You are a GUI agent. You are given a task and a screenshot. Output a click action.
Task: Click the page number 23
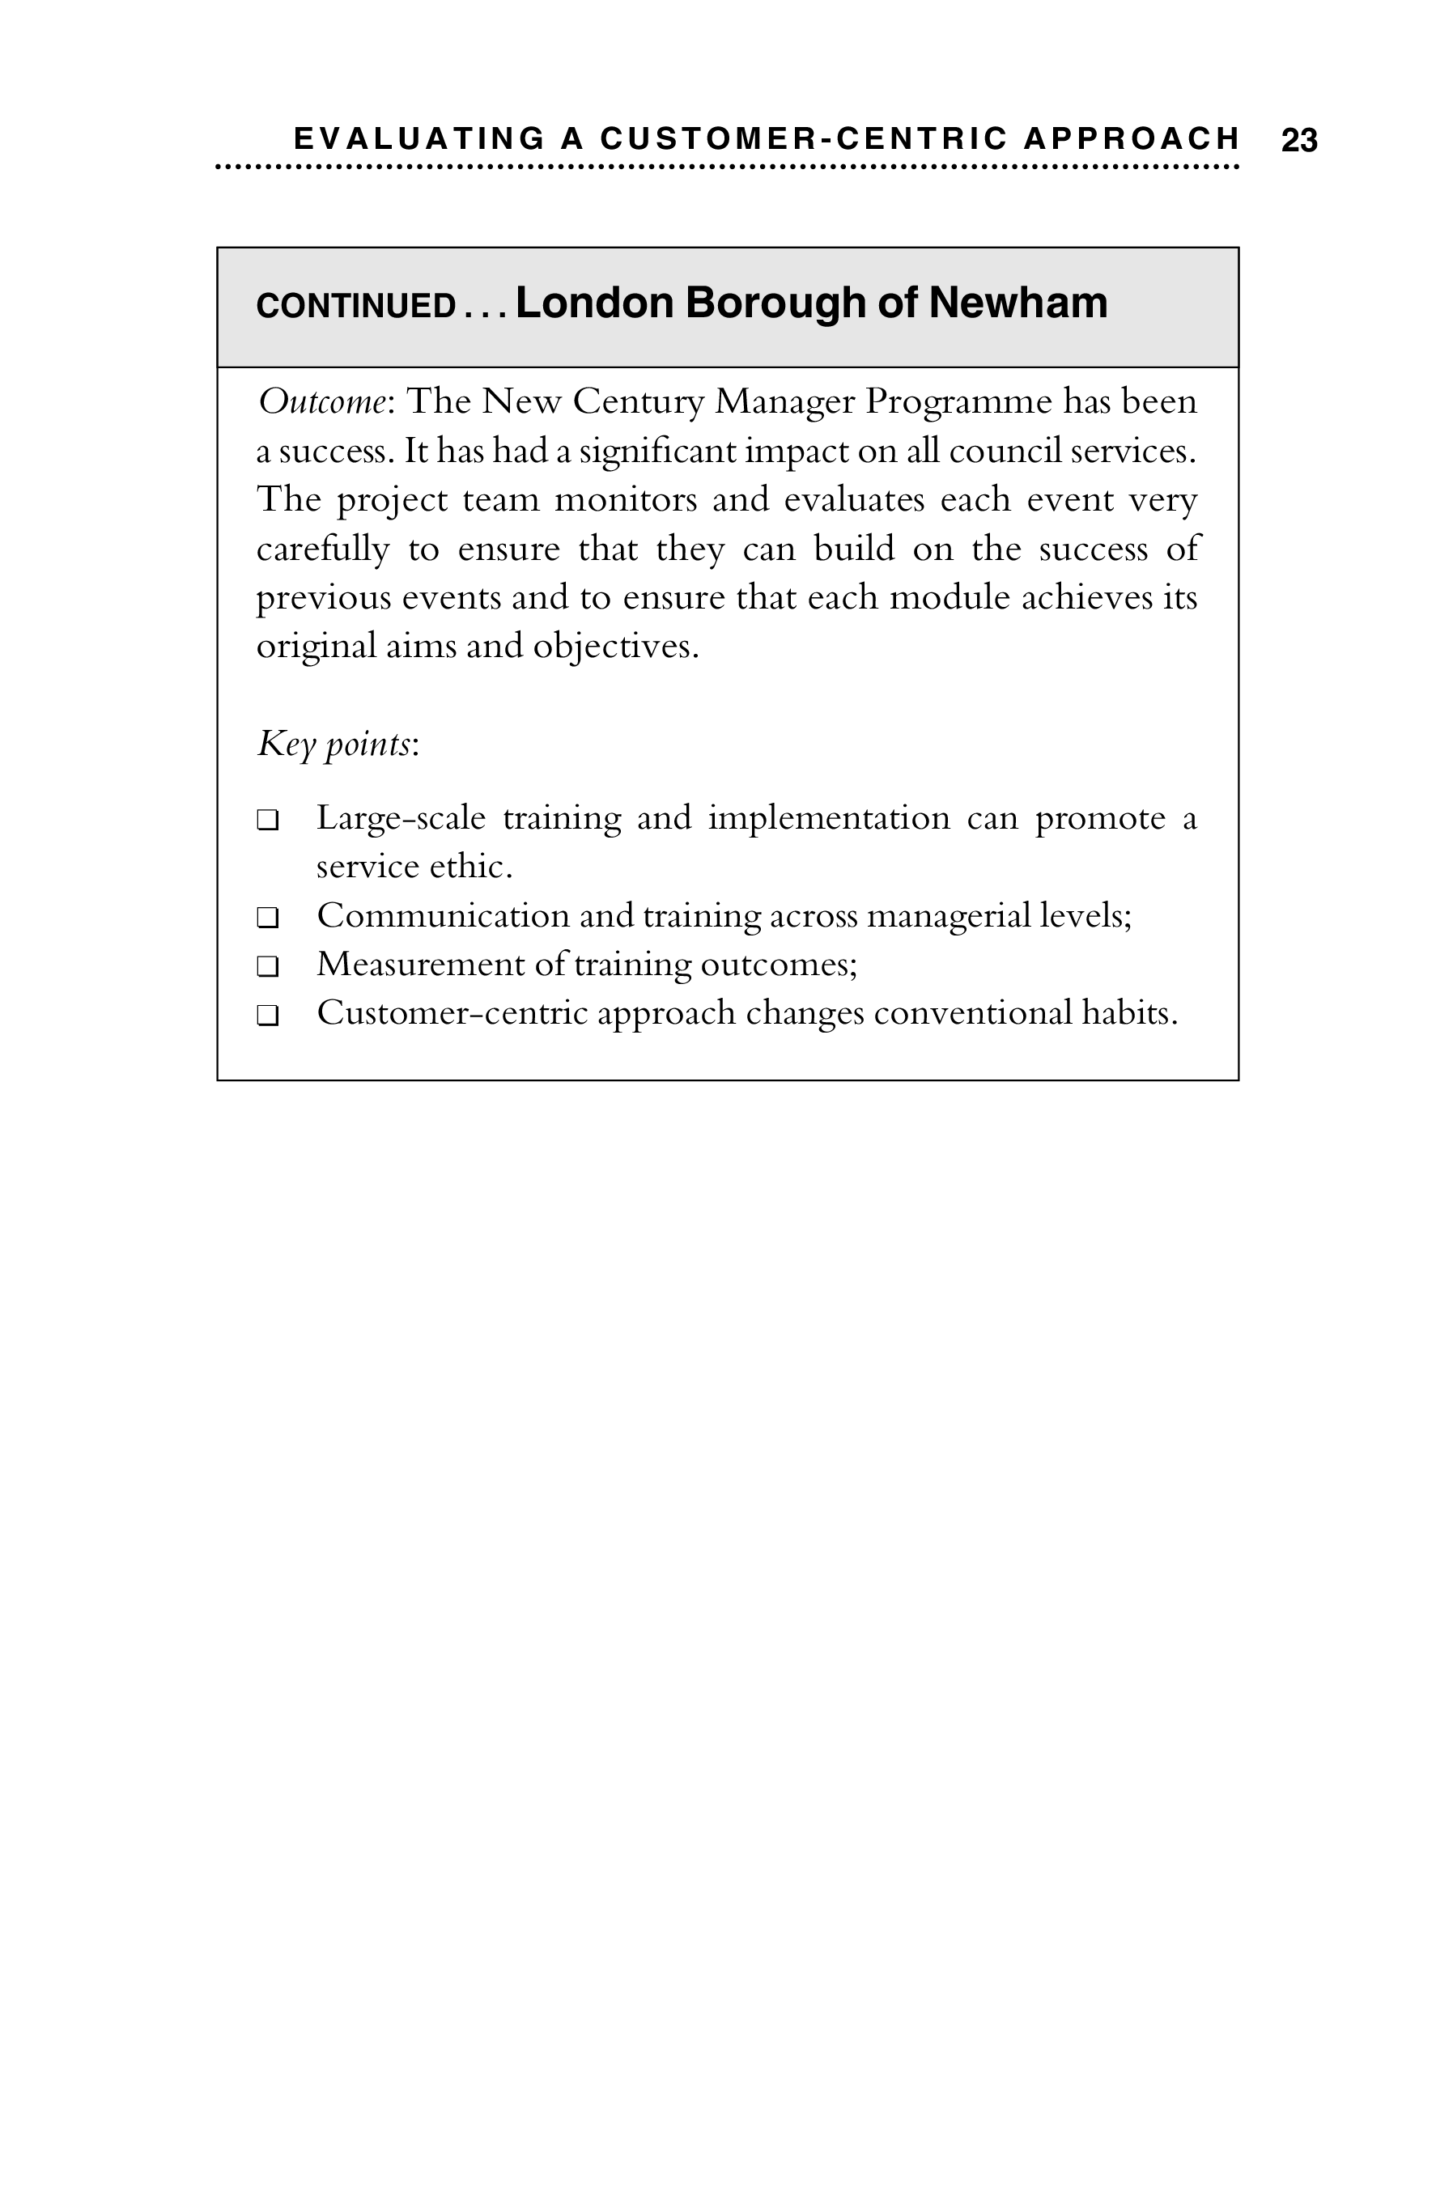point(1298,141)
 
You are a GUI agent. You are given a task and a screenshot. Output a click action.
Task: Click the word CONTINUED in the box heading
point(356,306)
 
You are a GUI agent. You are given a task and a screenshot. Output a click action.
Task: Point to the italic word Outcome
point(321,402)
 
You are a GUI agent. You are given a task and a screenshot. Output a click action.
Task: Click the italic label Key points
point(334,744)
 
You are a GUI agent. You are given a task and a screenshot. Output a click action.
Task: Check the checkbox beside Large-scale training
point(268,821)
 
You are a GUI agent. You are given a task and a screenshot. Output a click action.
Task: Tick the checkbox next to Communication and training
point(268,918)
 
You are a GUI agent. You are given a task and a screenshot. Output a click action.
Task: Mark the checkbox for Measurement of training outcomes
point(268,967)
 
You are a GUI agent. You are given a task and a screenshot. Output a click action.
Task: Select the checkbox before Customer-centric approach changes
point(268,1016)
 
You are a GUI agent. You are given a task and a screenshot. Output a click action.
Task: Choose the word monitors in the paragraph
point(625,500)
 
